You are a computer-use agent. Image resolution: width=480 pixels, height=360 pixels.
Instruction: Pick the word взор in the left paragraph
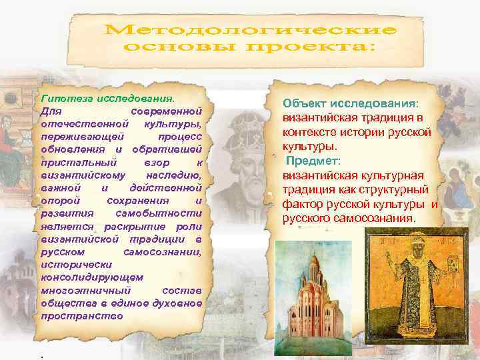pos(157,162)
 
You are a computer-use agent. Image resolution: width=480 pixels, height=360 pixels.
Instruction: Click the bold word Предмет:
pos(314,161)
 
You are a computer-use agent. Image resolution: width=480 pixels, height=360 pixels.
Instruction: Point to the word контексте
pos(310,133)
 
